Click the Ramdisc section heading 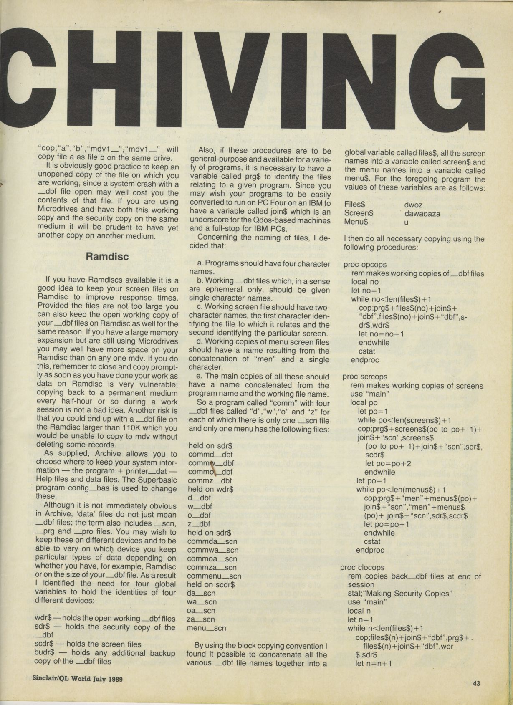click(x=107, y=256)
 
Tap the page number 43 click(x=477, y=683)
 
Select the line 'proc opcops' click(x=365, y=264)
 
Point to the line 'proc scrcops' click(x=365, y=377)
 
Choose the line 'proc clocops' click(x=362, y=567)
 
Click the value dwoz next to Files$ click(x=413, y=205)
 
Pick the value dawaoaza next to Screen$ click(x=422, y=214)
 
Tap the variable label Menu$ click(x=356, y=222)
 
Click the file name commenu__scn click(x=214, y=576)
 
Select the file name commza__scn click(x=212, y=567)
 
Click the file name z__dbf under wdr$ click(x=200, y=524)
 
